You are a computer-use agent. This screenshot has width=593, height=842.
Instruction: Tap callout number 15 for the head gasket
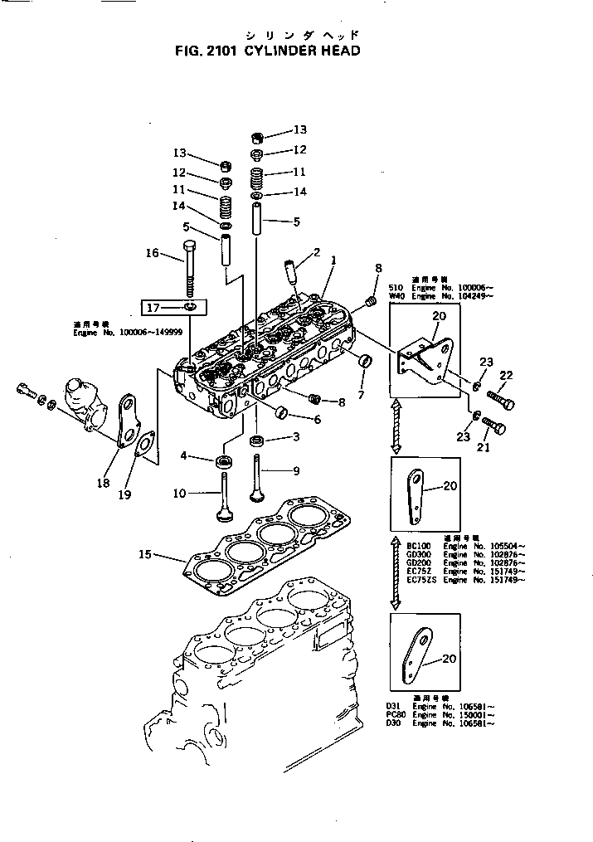point(145,554)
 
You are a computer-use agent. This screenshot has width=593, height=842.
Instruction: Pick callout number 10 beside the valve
point(179,494)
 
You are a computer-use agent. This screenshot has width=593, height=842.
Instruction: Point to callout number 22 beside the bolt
point(505,375)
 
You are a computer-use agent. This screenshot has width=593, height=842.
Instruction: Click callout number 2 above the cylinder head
point(316,252)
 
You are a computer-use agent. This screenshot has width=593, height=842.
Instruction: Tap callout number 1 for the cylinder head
point(333,260)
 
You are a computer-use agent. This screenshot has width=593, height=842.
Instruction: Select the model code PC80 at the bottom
point(394,714)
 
